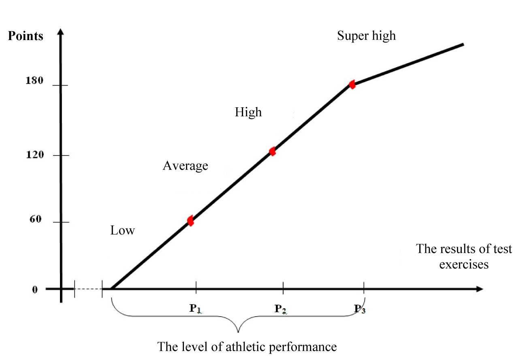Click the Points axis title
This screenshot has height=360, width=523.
pyautogui.click(x=26, y=36)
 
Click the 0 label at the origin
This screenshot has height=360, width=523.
pyautogui.click(x=35, y=290)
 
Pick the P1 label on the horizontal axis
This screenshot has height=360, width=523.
pyautogui.click(x=195, y=309)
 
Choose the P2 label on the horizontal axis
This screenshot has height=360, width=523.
pyautogui.click(x=280, y=309)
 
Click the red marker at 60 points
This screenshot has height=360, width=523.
pyautogui.click(x=190, y=221)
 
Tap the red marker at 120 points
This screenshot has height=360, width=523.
pyautogui.click(x=273, y=151)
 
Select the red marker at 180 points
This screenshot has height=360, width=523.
pyautogui.click(x=352, y=85)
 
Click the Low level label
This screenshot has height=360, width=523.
pyautogui.click(x=122, y=231)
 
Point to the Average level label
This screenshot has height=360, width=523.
pyautogui.click(x=185, y=166)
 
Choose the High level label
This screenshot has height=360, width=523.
pyautogui.click(x=248, y=112)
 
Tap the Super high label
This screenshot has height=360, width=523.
pyautogui.click(x=366, y=36)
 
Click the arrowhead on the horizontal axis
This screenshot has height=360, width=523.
pyautogui.click(x=479, y=289)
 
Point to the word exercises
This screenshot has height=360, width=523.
pyautogui.click(x=464, y=264)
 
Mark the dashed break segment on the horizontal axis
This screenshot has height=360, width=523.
pyautogui.click(x=88, y=289)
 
